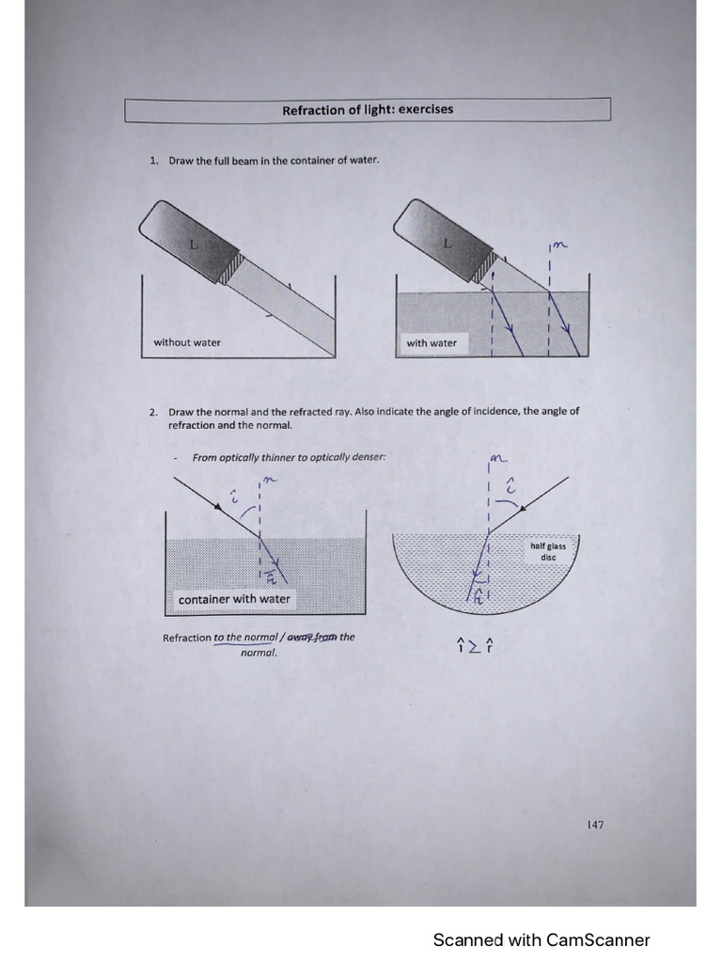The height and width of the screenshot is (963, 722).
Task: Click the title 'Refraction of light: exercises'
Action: point(368,110)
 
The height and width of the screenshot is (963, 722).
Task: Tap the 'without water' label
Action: point(187,342)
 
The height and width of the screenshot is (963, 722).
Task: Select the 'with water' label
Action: point(432,343)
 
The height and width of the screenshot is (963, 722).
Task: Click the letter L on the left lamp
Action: point(194,244)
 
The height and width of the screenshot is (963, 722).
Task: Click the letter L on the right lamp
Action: point(447,243)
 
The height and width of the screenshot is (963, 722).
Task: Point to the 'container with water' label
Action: point(234,599)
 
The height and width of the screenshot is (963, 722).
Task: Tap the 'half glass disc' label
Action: point(548,551)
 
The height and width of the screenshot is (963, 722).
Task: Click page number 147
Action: point(594,825)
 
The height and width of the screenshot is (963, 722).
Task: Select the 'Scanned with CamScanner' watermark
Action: point(541,939)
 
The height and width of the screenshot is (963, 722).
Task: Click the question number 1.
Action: point(153,161)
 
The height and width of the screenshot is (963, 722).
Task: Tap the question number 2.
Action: point(153,412)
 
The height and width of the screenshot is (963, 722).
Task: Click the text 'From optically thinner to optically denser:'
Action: point(289,458)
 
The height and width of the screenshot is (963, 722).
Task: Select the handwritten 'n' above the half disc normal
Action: point(498,460)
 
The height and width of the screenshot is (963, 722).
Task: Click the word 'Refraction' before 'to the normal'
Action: point(186,638)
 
